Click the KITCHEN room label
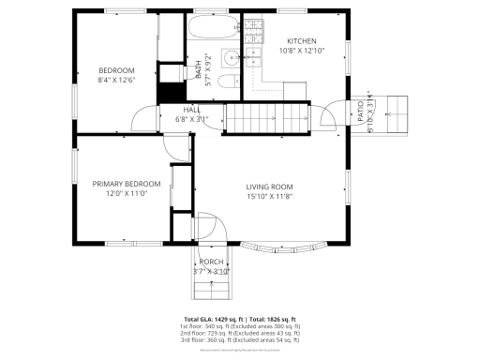click(301, 41)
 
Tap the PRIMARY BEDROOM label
click(127, 184)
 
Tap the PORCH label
click(211, 262)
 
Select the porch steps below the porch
click(209, 285)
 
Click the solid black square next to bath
click(170, 94)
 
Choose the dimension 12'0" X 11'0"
click(127, 193)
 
